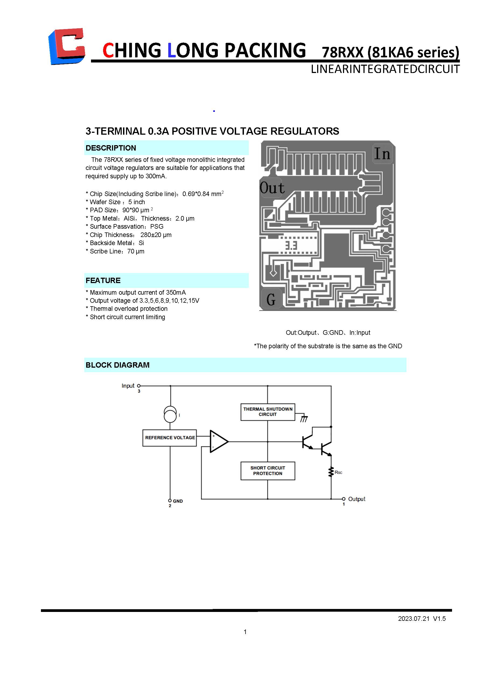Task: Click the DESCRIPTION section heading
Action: click(x=111, y=148)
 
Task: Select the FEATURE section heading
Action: click(x=103, y=280)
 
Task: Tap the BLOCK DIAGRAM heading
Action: click(x=117, y=365)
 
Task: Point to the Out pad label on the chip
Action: click(x=272, y=188)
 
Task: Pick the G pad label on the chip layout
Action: click(x=271, y=300)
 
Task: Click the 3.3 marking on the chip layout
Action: click(x=291, y=245)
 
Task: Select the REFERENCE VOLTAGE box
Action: click(x=170, y=438)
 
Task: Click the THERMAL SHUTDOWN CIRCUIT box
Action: click(x=268, y=412)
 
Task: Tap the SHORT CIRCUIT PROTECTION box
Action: click(x=268, y=471)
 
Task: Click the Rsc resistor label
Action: click(x=338, y=472)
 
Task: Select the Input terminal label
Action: click(x=128, y=386)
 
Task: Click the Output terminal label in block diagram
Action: click(x=356, y=499)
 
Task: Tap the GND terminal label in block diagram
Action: click(x=178, y=501)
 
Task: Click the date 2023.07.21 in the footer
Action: click(x=413, y=618)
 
